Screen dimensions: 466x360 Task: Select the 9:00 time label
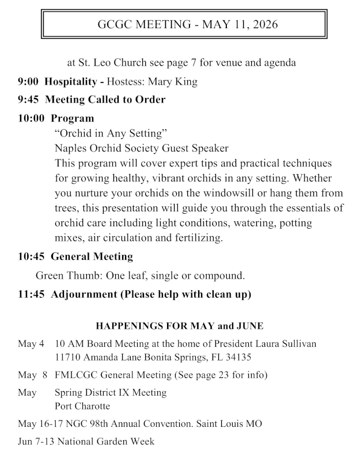point(28,82)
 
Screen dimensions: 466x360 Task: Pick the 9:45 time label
point(28,100)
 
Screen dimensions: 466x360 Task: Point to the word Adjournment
point(84,294)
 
